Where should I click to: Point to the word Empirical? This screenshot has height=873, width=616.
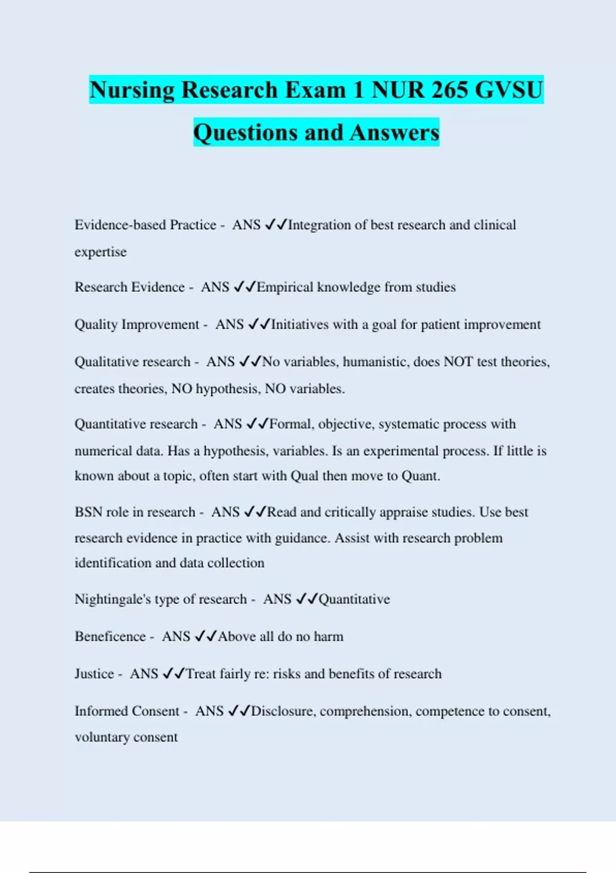tap(285, 287)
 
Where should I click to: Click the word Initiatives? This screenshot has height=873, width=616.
tap(300, 325)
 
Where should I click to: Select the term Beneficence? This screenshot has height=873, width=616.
tap(110, 637)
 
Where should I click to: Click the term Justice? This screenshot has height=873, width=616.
tap(94, 674)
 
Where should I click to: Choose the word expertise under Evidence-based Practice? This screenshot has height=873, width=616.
tap(101, 252)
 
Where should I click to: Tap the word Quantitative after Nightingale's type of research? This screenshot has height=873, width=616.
tap(354, 599)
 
